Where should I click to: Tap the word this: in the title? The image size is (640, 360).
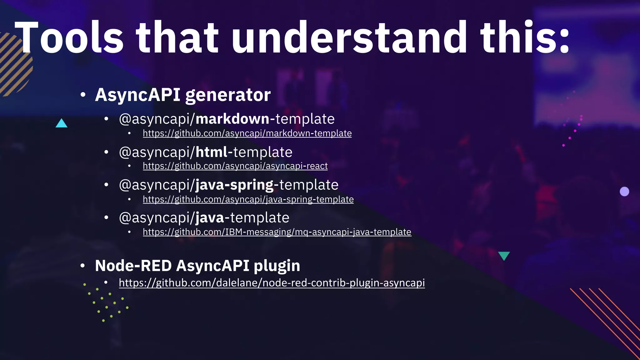coord(525,38)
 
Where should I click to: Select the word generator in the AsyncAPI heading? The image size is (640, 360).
coord(228,95)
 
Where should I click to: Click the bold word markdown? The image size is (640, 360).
coord(232,119)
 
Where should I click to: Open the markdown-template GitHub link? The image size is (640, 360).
coord(247,133)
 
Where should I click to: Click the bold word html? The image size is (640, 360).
coord(211,152)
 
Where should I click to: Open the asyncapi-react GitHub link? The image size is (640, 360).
coord(235,166)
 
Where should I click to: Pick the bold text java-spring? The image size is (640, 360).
coord(234,185)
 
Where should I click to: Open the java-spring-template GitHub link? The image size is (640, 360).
coord(248,199)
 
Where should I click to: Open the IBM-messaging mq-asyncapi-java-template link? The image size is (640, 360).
coord(277,232)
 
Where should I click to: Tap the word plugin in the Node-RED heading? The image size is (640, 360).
coord(277,266)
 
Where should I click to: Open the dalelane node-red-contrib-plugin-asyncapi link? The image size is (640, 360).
coord(272,283)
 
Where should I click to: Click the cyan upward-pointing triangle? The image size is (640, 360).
coord(62,123)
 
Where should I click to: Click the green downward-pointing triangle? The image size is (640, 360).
coord(504,255)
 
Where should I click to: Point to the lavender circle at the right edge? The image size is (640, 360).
coord(624,192)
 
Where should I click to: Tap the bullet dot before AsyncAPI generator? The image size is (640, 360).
coord(82,95)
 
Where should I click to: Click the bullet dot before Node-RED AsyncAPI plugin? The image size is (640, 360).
coord(82,266)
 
